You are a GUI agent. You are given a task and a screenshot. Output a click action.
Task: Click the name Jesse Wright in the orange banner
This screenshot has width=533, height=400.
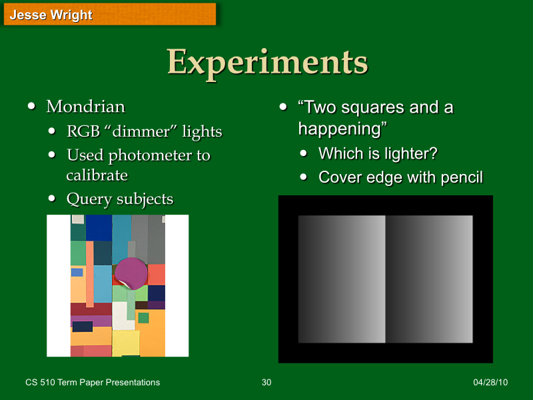[x=51, y=15]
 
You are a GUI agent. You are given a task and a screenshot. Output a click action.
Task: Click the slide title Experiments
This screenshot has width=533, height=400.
[x=267, y=62]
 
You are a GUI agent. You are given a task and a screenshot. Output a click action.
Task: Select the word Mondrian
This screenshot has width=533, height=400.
[x=85, y=107]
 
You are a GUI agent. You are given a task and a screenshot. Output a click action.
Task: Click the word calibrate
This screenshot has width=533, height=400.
[x=97, y=175]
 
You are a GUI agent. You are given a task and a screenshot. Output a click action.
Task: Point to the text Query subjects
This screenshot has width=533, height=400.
[x=120, y=199]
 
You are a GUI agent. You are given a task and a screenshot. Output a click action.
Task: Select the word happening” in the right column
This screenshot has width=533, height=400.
[x=342, y=127]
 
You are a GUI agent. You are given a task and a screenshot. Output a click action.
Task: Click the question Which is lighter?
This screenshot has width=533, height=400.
[x=378, y=153]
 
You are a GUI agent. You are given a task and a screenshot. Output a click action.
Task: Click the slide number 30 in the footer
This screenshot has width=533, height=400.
[x=266, y=382]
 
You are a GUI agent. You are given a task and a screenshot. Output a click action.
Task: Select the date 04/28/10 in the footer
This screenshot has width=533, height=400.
[x=490, y=382]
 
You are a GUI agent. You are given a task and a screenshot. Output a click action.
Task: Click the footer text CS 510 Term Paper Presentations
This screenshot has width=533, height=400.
[x=93, y=382]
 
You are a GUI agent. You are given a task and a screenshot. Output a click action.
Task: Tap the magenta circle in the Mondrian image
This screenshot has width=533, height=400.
[x=131, y=273]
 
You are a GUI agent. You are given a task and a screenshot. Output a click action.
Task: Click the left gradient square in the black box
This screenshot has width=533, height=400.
[x=342, y=279]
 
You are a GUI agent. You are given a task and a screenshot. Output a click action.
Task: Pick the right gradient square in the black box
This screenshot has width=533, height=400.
[x=430, y=279]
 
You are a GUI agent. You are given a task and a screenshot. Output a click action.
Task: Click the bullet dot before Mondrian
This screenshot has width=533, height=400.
[x=31, y=107]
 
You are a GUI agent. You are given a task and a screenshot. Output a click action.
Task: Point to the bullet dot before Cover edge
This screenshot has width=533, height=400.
[x=304, y=178]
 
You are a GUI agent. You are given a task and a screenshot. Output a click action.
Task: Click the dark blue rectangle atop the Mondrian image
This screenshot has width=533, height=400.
[x=99, y=227]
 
